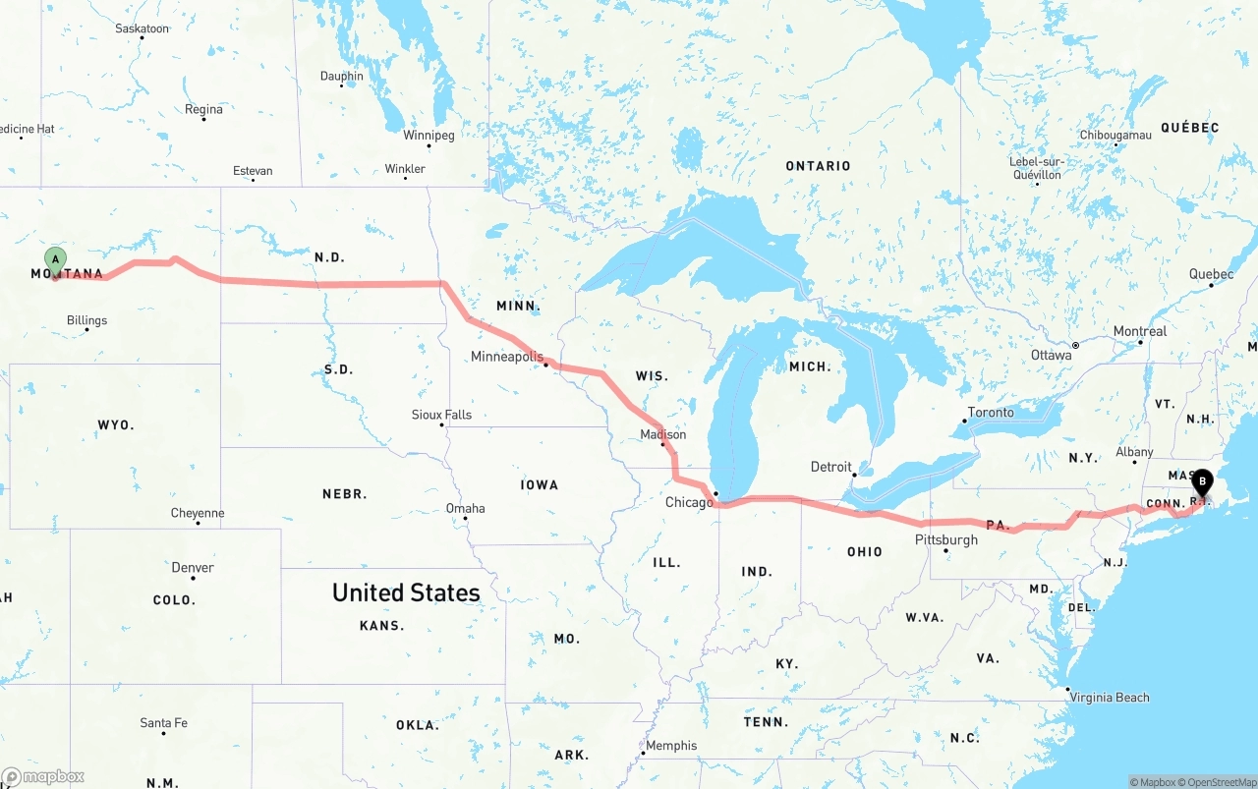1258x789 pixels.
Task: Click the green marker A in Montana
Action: (56, 261)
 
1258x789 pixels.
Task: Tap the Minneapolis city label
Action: (506, 357)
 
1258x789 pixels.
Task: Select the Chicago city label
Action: (688, 503)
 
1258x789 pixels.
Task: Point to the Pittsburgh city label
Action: (945, 539)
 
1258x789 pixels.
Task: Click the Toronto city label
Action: (990, 413)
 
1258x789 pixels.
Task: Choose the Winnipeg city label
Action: (429, 135)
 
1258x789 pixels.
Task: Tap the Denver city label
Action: (192, 568)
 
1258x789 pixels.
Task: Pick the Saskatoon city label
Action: (142, 28)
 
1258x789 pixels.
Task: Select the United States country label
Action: (406, 592)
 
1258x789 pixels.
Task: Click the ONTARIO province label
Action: (818, 166)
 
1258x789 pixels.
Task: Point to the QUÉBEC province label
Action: (1189, 128)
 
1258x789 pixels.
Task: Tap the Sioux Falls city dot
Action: (442, 424)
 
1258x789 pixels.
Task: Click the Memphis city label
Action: (671, 746)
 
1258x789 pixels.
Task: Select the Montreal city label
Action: (1139, 331)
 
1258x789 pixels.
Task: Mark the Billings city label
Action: (86, 320)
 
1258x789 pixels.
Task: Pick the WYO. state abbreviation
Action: (115, 425)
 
